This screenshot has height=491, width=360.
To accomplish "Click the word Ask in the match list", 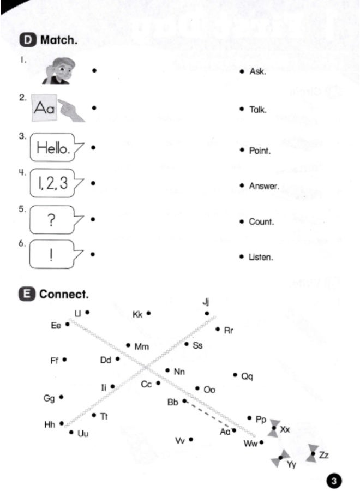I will pos(257,71).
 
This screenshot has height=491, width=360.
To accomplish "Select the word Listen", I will pos(261,257).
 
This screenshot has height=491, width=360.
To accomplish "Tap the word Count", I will pos(261,222).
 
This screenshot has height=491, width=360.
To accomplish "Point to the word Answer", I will pos(264,186).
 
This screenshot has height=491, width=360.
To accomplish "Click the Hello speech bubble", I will pos(56,147).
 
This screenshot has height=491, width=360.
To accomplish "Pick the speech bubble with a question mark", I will pos(55,219).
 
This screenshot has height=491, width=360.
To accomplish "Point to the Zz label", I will pos(323,454).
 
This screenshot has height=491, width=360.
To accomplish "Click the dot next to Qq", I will pos(235,375).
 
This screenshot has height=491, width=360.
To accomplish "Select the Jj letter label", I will pos(206,302).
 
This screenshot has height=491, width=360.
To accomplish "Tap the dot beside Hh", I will pos(62,423).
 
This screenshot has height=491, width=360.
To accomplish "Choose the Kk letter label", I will pos(137,314).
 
